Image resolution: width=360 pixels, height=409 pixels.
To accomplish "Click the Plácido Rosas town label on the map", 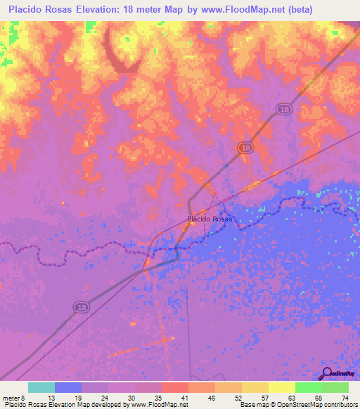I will tap(210, 219).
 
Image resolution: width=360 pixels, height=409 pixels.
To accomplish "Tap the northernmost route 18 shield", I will tap(283, 109).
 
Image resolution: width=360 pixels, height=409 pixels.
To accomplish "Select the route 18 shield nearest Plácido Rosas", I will tap(244, 147).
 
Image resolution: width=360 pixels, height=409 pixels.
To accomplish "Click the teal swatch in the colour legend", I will tap(41, 387).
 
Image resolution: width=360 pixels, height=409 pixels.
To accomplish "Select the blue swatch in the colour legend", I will tap(68, 387).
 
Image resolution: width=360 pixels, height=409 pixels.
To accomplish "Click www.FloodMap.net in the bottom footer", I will tap(154, 405).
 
